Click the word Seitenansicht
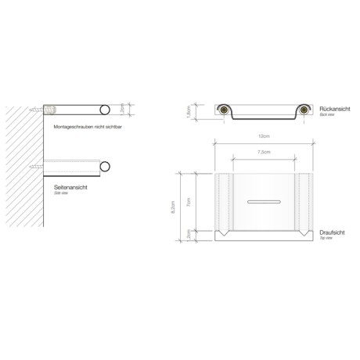71,185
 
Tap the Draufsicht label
334,232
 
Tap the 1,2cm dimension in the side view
122,110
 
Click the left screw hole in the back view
223,112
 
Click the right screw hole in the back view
297,112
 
